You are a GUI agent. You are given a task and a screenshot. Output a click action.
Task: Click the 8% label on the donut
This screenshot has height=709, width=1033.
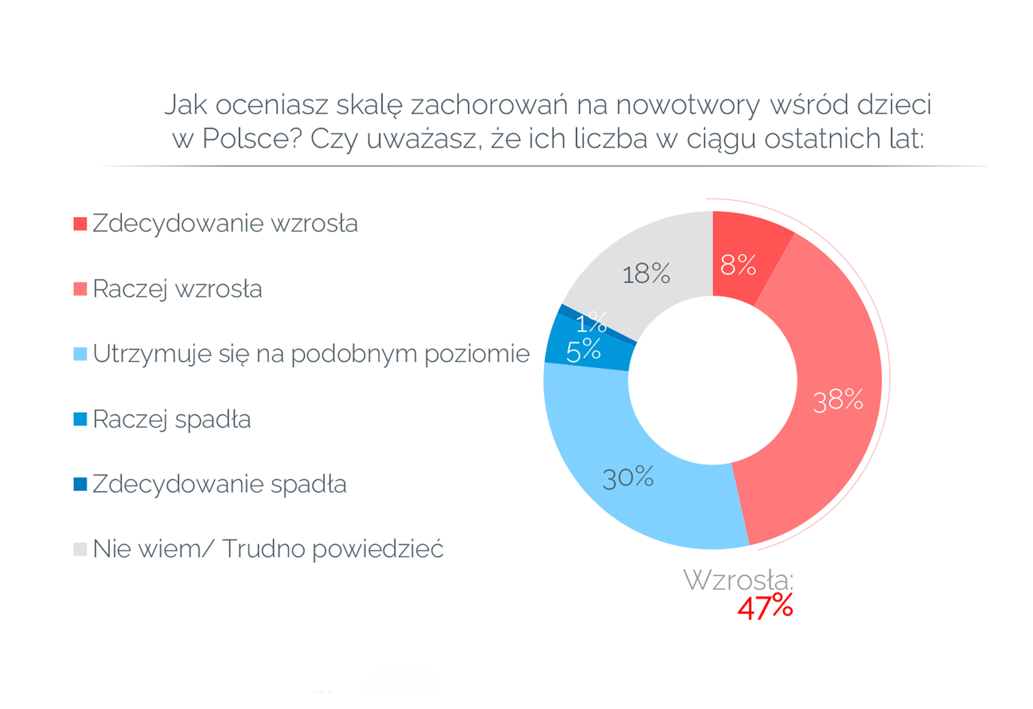coord(738,265)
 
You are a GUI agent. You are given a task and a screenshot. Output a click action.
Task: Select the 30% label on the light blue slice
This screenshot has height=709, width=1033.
coord(628,478)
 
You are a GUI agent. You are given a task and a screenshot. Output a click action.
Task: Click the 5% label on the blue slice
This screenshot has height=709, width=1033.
coord(583,350)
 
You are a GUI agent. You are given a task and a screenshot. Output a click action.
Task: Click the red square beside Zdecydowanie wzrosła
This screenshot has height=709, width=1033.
coord(80,223)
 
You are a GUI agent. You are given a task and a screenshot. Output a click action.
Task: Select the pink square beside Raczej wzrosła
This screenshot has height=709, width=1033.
coord(80,289)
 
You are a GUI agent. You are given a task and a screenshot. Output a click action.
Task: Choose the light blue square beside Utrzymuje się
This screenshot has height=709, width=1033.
coord(80,354)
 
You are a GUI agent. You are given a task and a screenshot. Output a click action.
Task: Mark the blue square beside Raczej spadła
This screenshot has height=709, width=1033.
coord(80,419)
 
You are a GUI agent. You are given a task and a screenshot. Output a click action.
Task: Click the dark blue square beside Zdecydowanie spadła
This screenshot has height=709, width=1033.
coord(80,484)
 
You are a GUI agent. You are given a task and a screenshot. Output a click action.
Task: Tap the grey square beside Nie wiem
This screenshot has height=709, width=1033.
coord(80,549)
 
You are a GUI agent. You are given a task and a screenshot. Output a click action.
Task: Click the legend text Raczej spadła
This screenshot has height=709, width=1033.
coord(172,419)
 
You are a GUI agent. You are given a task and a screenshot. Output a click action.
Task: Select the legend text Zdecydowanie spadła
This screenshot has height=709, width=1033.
coord(220,484)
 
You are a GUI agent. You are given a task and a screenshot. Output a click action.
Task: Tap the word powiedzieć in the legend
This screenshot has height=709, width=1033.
coord(378,549)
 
